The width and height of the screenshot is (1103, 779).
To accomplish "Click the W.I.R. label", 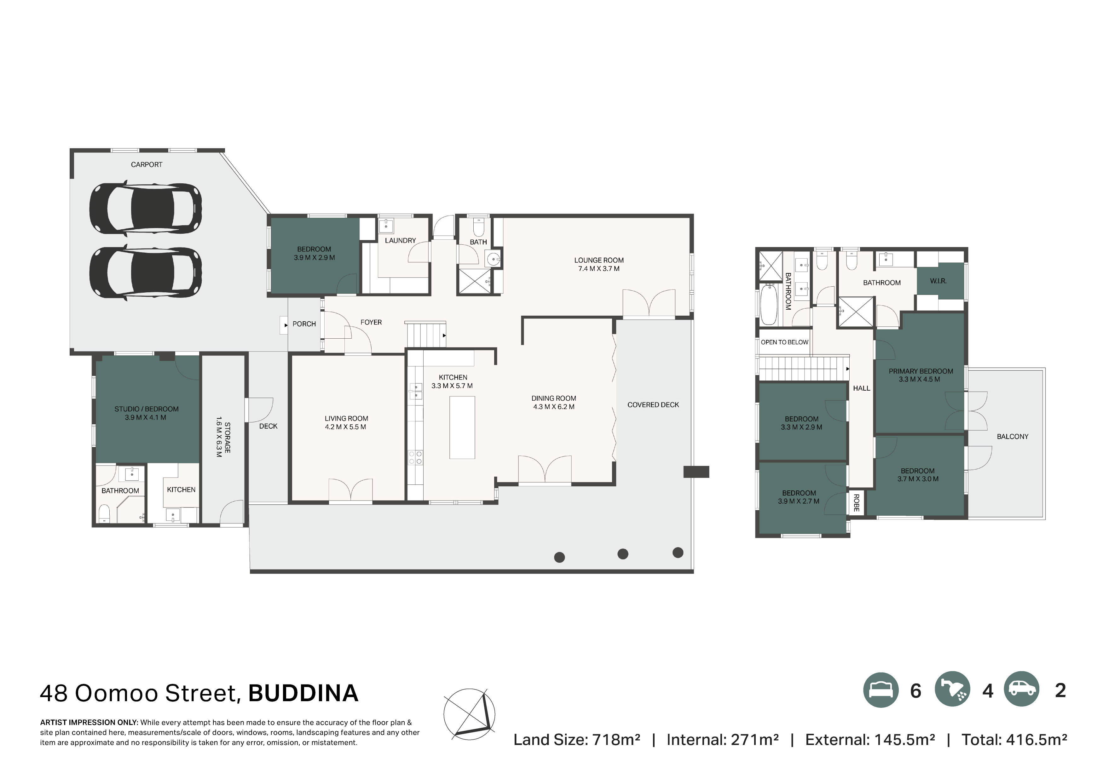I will pos(938,281).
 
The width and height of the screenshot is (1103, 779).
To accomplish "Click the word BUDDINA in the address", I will pos(303,693).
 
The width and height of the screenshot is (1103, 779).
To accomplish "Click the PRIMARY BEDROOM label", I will pos(921,371).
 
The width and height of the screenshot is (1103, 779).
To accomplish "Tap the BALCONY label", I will pos(1012,437).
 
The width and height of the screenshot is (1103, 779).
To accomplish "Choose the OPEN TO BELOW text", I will pos(784,342).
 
